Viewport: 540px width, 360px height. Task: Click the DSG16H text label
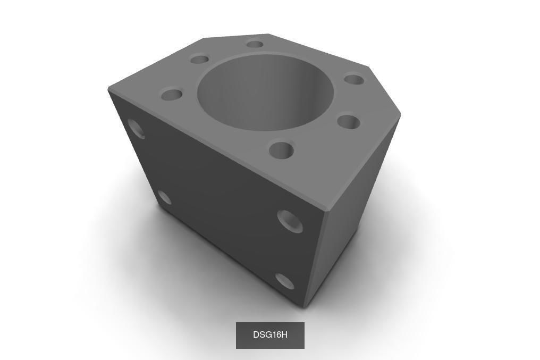[270, 335]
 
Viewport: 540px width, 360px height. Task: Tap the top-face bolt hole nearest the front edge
[281, 150]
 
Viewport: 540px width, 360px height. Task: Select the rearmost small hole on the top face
[255, 44]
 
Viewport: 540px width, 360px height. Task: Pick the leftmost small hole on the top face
[172, 96]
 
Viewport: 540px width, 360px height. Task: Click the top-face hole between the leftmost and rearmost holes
[199, 59]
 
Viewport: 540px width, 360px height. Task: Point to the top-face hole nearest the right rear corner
[354, 80]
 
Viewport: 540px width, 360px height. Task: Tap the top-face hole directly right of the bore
[348, 122]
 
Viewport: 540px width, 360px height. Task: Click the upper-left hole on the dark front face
[137, 129]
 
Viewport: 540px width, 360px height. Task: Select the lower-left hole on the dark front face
[165, 198]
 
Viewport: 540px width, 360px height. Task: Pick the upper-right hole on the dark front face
[290, 221]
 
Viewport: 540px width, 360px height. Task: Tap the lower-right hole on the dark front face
[285, 281]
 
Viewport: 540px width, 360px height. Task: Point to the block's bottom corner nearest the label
[303, 306]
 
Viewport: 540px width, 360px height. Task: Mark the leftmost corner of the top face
[109, 88]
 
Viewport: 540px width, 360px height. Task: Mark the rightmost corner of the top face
[400, 113]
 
